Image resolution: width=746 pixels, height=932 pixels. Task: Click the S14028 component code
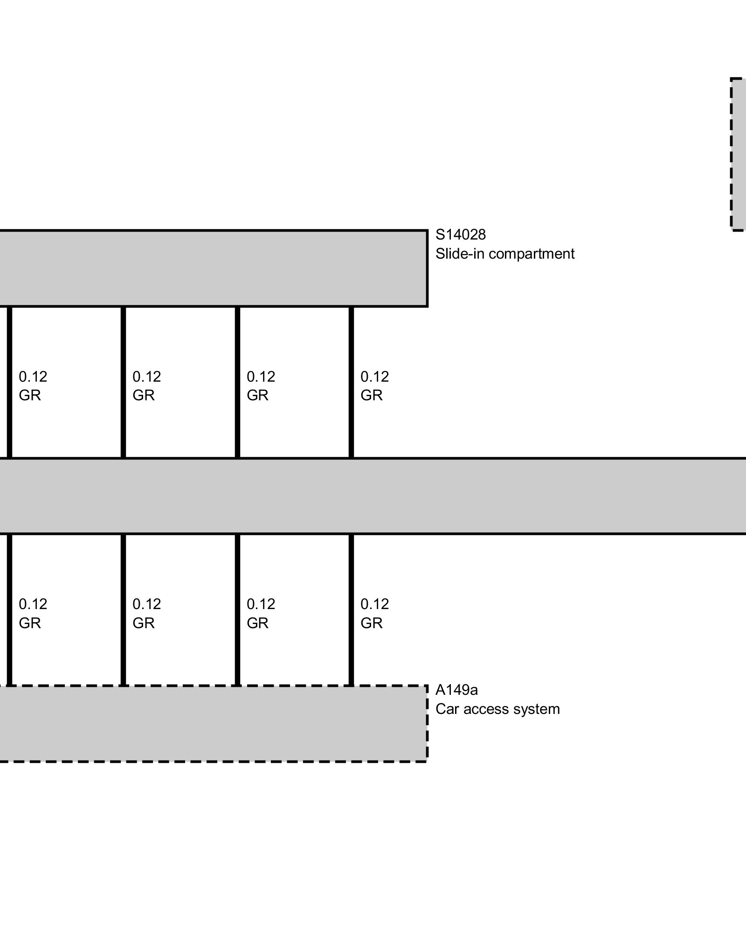460,234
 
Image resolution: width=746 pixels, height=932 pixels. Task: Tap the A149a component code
456,689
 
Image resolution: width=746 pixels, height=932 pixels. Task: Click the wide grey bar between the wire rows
373,496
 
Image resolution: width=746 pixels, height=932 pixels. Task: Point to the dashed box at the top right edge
739,154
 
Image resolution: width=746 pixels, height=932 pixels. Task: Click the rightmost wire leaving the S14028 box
351,382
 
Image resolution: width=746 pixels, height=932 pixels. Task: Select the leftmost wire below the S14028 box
9,382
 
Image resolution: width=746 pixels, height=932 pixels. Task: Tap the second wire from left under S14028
123,382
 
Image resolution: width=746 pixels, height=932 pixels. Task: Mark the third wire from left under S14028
237,382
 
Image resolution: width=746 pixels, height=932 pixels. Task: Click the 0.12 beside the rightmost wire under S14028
374,376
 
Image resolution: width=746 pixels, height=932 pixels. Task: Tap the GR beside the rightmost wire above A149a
371,623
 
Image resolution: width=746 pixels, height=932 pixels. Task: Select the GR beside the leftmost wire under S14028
29,395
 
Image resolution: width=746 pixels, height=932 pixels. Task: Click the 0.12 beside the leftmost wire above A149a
33,604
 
